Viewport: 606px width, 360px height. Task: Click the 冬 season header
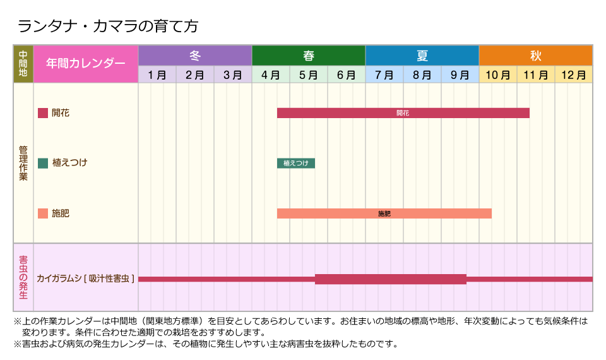point(195,56)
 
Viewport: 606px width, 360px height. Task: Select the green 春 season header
point(309,56)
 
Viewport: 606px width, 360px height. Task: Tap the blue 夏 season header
point(422,56)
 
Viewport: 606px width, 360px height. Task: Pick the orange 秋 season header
point(536,56)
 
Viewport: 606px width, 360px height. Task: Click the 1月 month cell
point(157,75)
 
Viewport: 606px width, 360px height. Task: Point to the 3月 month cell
point(233,75)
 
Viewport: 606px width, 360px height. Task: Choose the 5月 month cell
point(309,75)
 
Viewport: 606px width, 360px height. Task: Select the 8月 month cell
point(422,75)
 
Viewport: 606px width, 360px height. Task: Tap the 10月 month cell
point(498,75)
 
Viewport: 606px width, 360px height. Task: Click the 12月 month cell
point(574,75)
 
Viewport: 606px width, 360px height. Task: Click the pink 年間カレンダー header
point(86,64)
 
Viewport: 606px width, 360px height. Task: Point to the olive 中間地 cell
point(23,64)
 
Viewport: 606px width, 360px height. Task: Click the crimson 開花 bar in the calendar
point(403,113)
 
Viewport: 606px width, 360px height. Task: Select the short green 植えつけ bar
point(296,163)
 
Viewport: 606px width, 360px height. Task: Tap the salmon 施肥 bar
point(384,213)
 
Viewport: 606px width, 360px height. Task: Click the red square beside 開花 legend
point(43,113)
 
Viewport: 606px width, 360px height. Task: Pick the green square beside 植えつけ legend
point(43,163)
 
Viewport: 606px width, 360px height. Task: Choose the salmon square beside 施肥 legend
point(43,213)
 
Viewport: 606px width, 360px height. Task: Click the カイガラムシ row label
point(86,278)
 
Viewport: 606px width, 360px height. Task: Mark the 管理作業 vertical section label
point(23,164)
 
